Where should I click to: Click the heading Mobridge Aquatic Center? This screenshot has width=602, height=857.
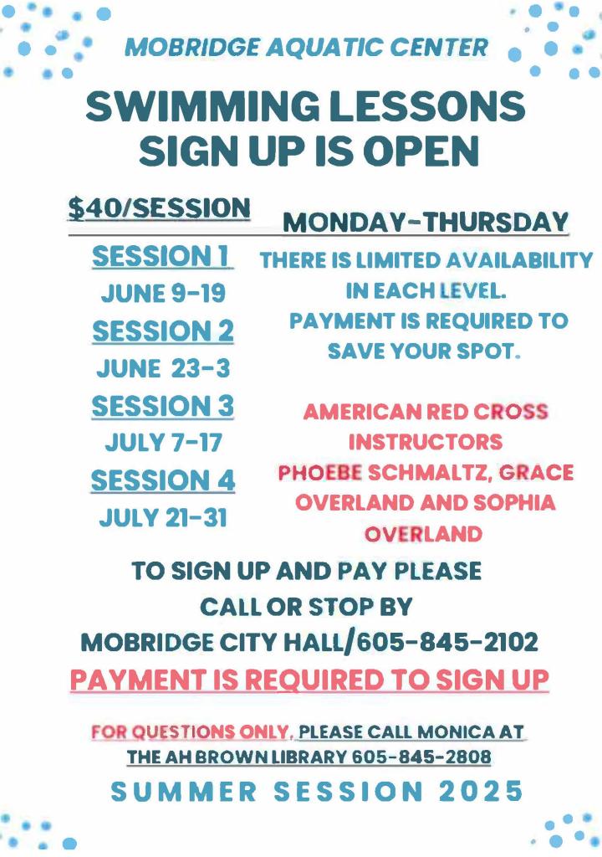click(x=307, y=47)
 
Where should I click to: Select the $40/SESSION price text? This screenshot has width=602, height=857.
click(x=159, y=208)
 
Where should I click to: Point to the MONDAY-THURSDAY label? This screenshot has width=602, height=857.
click(x=426, y=223)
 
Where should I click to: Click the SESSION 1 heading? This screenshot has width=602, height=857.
click(x=162, y=257)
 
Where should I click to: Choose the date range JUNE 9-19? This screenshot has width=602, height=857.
click(x=163, y=294)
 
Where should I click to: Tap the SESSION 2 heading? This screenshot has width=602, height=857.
click(x=163, y=331)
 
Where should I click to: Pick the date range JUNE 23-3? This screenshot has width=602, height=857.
click(x=163, y=368)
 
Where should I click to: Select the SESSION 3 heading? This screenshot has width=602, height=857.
click(x=162, y=406)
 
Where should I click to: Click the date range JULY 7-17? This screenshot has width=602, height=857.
click(x=163, y=442)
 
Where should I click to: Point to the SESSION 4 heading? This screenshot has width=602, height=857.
click(x=163, y=481)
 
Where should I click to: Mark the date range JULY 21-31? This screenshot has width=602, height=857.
click(x=163, y=517)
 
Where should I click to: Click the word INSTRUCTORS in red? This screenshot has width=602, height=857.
click(x=426, y=442)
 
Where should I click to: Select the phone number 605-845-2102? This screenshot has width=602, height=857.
click(x=447, y=642)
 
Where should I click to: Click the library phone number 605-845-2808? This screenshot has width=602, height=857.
click(x=421, y=757)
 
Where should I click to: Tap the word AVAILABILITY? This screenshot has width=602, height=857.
click(x=519, y=260)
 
